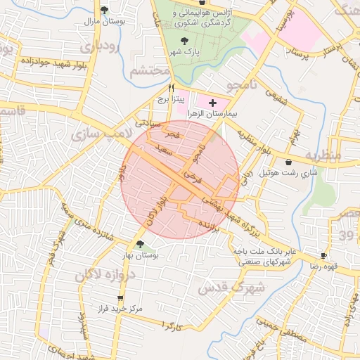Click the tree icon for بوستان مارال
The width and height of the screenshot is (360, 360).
(x=104, y=10)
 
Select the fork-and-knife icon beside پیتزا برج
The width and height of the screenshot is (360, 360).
(x=171, y=89)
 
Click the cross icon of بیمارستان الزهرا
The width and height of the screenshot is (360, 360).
(x=212, y=103)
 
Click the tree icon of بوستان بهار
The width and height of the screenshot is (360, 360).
(x=141, y=244)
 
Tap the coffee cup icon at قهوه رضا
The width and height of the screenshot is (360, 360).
(x=324, y=256)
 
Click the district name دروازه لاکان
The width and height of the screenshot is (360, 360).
(x=91, y=271)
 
